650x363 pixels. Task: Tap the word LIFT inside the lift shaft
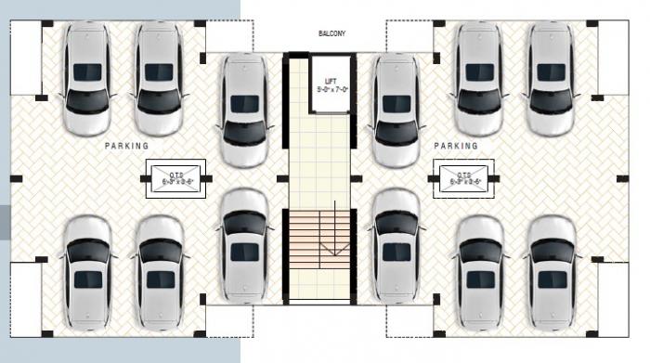coord(330,82)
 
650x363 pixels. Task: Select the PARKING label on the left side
coord(126,147)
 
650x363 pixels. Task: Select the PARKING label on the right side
coord(456,147)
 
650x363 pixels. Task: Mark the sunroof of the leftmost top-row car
coord(87,71)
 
